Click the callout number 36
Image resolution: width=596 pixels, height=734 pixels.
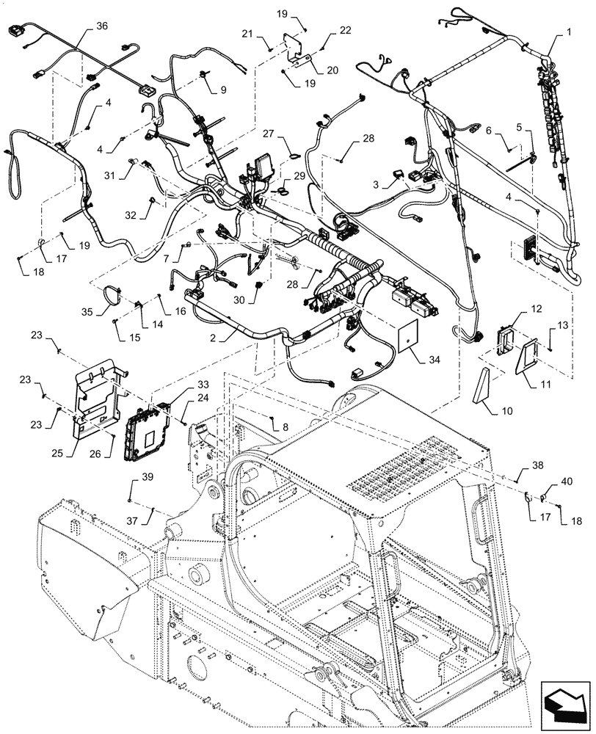101,25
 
